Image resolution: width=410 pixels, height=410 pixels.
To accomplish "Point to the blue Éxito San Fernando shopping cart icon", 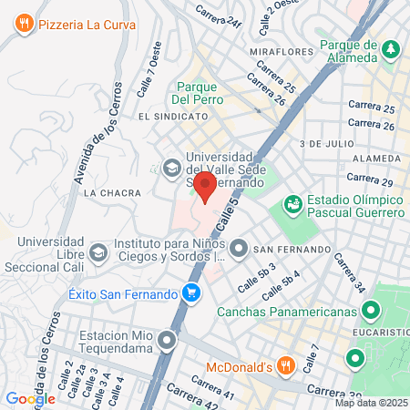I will point(191,293).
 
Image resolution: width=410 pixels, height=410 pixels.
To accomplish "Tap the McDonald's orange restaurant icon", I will point(285,366).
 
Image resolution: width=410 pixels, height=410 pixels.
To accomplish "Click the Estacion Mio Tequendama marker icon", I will point(166,342).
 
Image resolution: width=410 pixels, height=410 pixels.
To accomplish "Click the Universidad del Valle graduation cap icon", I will point(170,168).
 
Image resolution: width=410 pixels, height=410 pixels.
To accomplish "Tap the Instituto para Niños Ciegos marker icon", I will point(239,247).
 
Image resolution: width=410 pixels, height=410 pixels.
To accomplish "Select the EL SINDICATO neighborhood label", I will point(168,118).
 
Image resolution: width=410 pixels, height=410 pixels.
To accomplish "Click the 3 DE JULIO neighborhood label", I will point(325,144).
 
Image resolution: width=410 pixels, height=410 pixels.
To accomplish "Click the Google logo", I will point(30,398).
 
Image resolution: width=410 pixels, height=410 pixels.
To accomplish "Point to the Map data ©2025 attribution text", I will point(371,403).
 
